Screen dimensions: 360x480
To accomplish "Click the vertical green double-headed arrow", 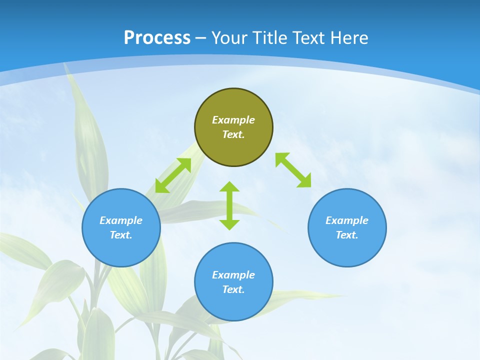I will point(229,206).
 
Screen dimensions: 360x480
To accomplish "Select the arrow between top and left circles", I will point(173,175).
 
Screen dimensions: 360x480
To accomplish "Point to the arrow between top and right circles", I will point(293,170).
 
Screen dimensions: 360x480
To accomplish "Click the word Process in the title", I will point(157,37).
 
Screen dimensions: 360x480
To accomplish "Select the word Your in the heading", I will point(229,37).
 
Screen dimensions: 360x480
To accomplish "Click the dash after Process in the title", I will point(201,38).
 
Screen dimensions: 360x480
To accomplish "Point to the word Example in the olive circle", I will point(233,120).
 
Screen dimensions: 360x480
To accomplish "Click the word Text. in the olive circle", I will point(233,134).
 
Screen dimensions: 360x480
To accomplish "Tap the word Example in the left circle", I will point(121,220).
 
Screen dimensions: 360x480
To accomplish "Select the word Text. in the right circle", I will point(347,235).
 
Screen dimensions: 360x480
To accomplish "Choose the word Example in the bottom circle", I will point(233,275).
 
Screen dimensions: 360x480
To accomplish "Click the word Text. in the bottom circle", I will point(233,289).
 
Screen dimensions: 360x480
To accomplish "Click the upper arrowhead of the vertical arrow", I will point(229,187).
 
